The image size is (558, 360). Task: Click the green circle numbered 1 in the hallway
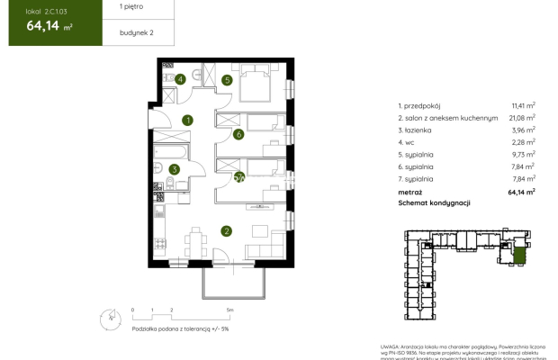187,120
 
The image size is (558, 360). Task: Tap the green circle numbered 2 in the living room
228,231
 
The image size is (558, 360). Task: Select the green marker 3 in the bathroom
175,168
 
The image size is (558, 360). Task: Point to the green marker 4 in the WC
181,79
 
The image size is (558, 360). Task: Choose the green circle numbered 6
238,135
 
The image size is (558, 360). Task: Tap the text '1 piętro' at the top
131,7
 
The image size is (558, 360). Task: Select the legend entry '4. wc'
407,141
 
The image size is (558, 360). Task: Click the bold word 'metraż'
410,191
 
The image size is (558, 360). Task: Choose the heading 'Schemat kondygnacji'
434,203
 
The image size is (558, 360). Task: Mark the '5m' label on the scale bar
230,310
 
